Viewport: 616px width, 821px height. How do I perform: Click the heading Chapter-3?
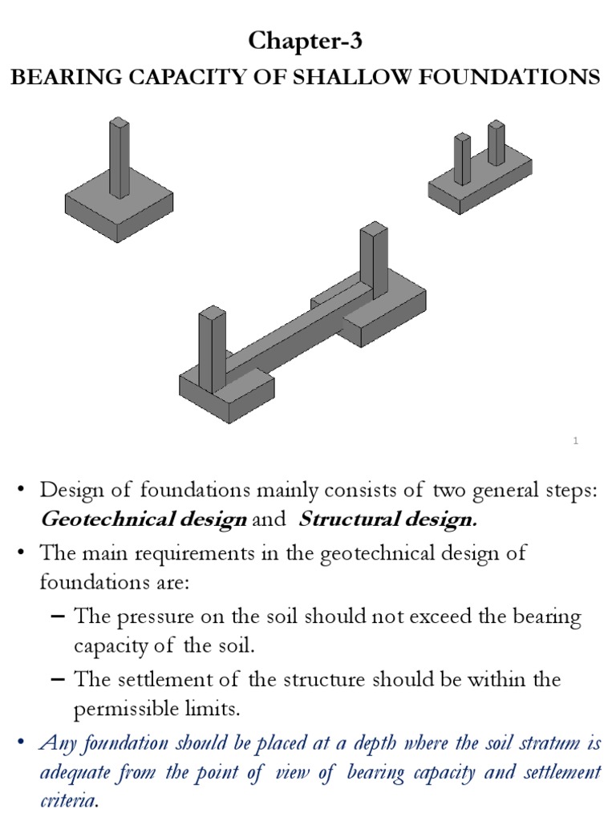(308, 41)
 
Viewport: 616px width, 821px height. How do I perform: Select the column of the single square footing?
(119, 156)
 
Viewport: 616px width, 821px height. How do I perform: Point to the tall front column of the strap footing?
(212, 349)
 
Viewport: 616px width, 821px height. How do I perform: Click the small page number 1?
(576, 440)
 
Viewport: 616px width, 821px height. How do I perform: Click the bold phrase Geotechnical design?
(143, 520)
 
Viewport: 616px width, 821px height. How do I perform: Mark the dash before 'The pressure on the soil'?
(57, 617)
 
